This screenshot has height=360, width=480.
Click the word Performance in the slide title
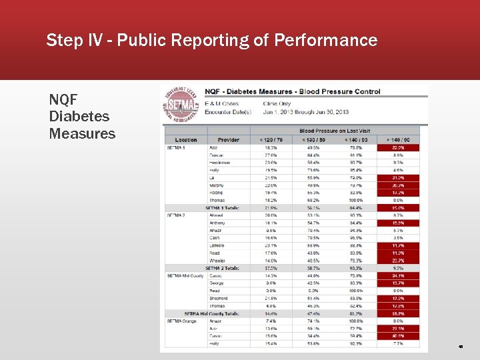tap(325, 41)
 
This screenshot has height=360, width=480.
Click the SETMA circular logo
tap(181, 107)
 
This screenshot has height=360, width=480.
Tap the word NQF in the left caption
tap(63, 99)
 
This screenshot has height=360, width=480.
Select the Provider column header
tap(228, 140)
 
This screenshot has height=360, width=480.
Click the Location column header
tap(186, 140)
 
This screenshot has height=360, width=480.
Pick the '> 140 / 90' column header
tap(397, 140)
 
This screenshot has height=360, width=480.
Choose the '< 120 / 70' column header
tap(271, 140)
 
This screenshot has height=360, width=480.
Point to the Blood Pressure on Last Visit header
tap(335, 131)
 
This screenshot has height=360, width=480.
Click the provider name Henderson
tap(220, 163)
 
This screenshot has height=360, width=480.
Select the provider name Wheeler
tap(217, 261)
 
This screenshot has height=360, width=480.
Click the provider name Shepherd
tap(219, 299)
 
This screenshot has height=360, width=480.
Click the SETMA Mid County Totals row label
tap(212, 313)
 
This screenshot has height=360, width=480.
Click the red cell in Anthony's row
tap(397, 223)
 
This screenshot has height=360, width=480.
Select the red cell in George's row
tap(397, 283)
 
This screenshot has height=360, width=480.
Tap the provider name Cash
tap(214, 238)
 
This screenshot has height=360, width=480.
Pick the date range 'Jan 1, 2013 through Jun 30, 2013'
tap(305, 111)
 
